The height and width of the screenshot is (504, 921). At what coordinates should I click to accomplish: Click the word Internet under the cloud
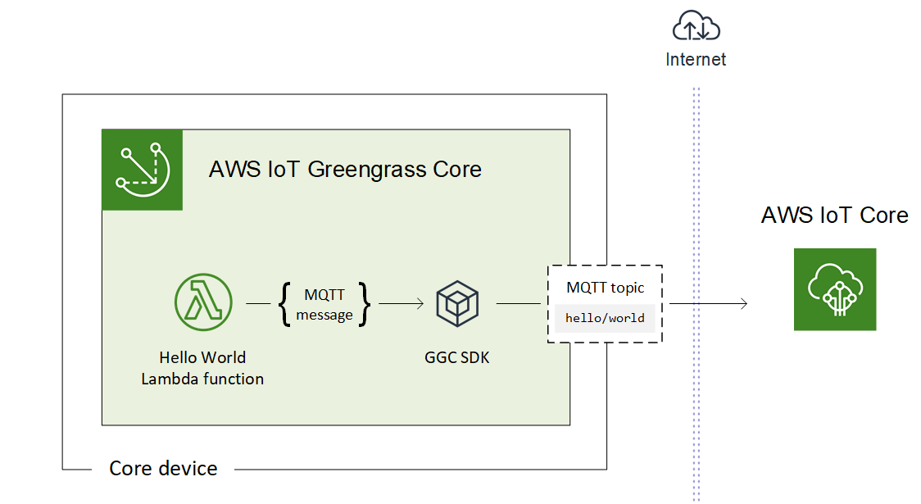[696, 59]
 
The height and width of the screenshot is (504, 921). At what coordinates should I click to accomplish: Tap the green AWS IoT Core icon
[834, 289]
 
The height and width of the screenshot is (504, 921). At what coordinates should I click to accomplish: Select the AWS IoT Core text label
[834, 215]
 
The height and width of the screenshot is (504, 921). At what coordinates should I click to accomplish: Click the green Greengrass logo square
[142, 170]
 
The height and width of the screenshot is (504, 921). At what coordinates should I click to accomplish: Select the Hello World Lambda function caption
[202, 368]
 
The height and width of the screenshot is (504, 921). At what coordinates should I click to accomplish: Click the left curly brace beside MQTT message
[284, 304]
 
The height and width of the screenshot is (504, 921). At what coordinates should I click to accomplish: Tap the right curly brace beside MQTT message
[365, 304]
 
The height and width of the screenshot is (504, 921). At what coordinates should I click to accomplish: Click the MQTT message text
[324, 304]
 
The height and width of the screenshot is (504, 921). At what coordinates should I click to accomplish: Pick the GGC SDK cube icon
[457, 303]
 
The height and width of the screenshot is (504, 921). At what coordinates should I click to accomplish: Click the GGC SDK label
[456, 357]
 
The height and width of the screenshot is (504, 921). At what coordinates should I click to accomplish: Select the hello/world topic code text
[605, 318]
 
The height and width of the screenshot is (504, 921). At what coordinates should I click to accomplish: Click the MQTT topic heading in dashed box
[605, 288]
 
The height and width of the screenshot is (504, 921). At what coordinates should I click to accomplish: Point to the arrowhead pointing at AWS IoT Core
[744, 304]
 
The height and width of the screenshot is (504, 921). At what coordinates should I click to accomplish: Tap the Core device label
[163, 469]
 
